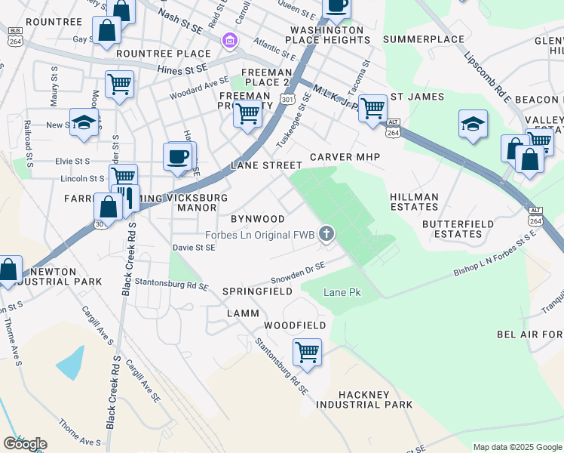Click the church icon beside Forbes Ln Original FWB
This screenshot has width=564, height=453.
326,234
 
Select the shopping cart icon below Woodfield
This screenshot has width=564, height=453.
307,351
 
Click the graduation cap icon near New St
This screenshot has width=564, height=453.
84,122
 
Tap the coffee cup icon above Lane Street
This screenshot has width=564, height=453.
178,156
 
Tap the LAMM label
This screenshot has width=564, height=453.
241,313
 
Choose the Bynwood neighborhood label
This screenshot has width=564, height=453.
258,219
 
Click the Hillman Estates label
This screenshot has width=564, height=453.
414,202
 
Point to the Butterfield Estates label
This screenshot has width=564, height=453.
458,229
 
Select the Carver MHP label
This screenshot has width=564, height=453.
345,156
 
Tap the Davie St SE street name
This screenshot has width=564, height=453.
194,247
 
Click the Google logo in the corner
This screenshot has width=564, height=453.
25,444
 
